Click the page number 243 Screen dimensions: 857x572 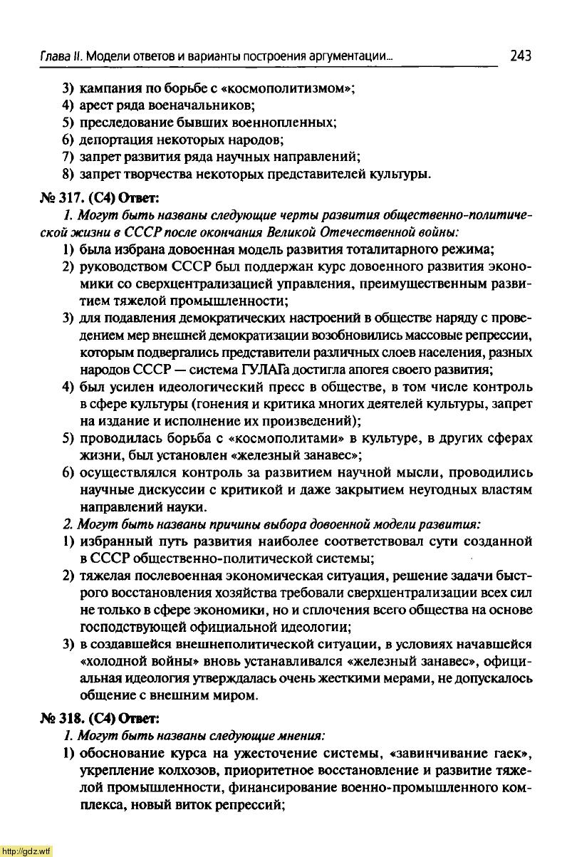point(521,55)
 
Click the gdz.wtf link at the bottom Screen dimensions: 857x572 point(26,851)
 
